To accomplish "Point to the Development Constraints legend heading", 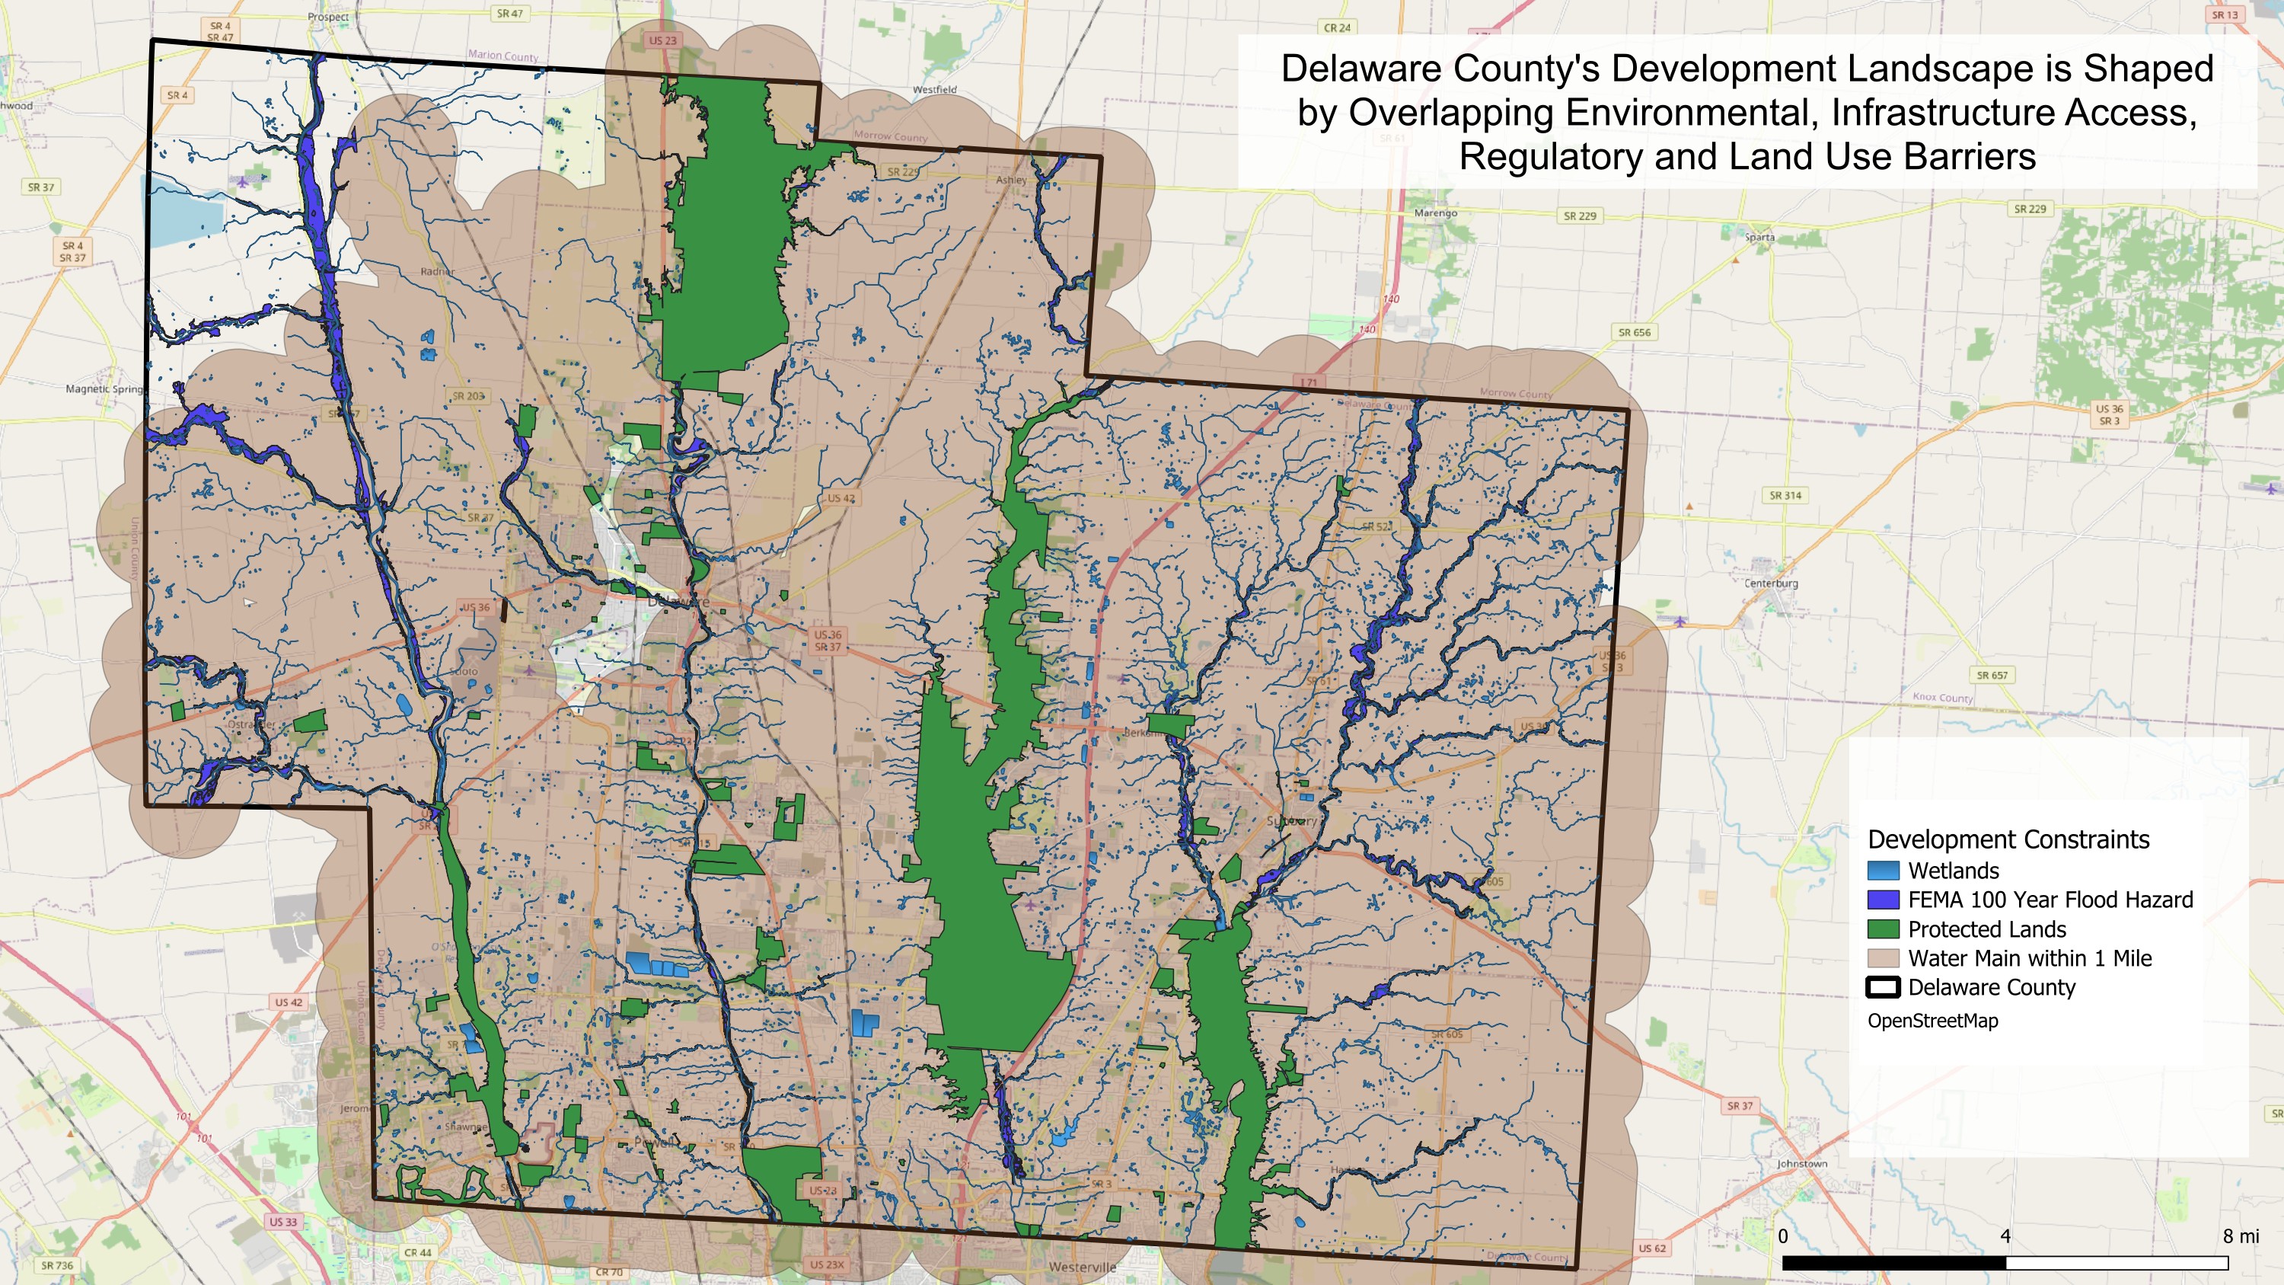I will [2008, 839].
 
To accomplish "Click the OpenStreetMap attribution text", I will [1932, 1021].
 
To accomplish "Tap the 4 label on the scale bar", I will [2005, 1235].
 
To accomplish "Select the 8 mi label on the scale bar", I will [2240, 1235].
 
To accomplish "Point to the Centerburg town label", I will [1771, 583].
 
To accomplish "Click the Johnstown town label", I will [1801, 1162].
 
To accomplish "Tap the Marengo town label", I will [1435, 213].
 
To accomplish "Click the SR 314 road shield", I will [1785, 495].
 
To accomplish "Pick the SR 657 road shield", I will [1992, 675].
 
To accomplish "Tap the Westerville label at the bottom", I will [1082, 1267].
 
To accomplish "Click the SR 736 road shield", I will [57, 1265].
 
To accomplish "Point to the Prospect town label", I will [328, 17].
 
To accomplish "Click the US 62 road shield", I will [1651, 1248].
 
